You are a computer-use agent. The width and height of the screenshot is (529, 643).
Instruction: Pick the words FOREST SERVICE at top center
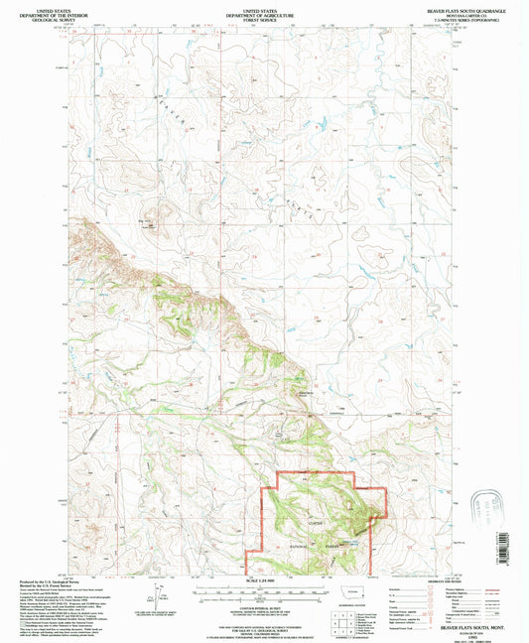click(x=264, y=17)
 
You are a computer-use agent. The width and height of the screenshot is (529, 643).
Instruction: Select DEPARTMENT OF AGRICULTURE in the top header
click(x=264, y=12)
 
